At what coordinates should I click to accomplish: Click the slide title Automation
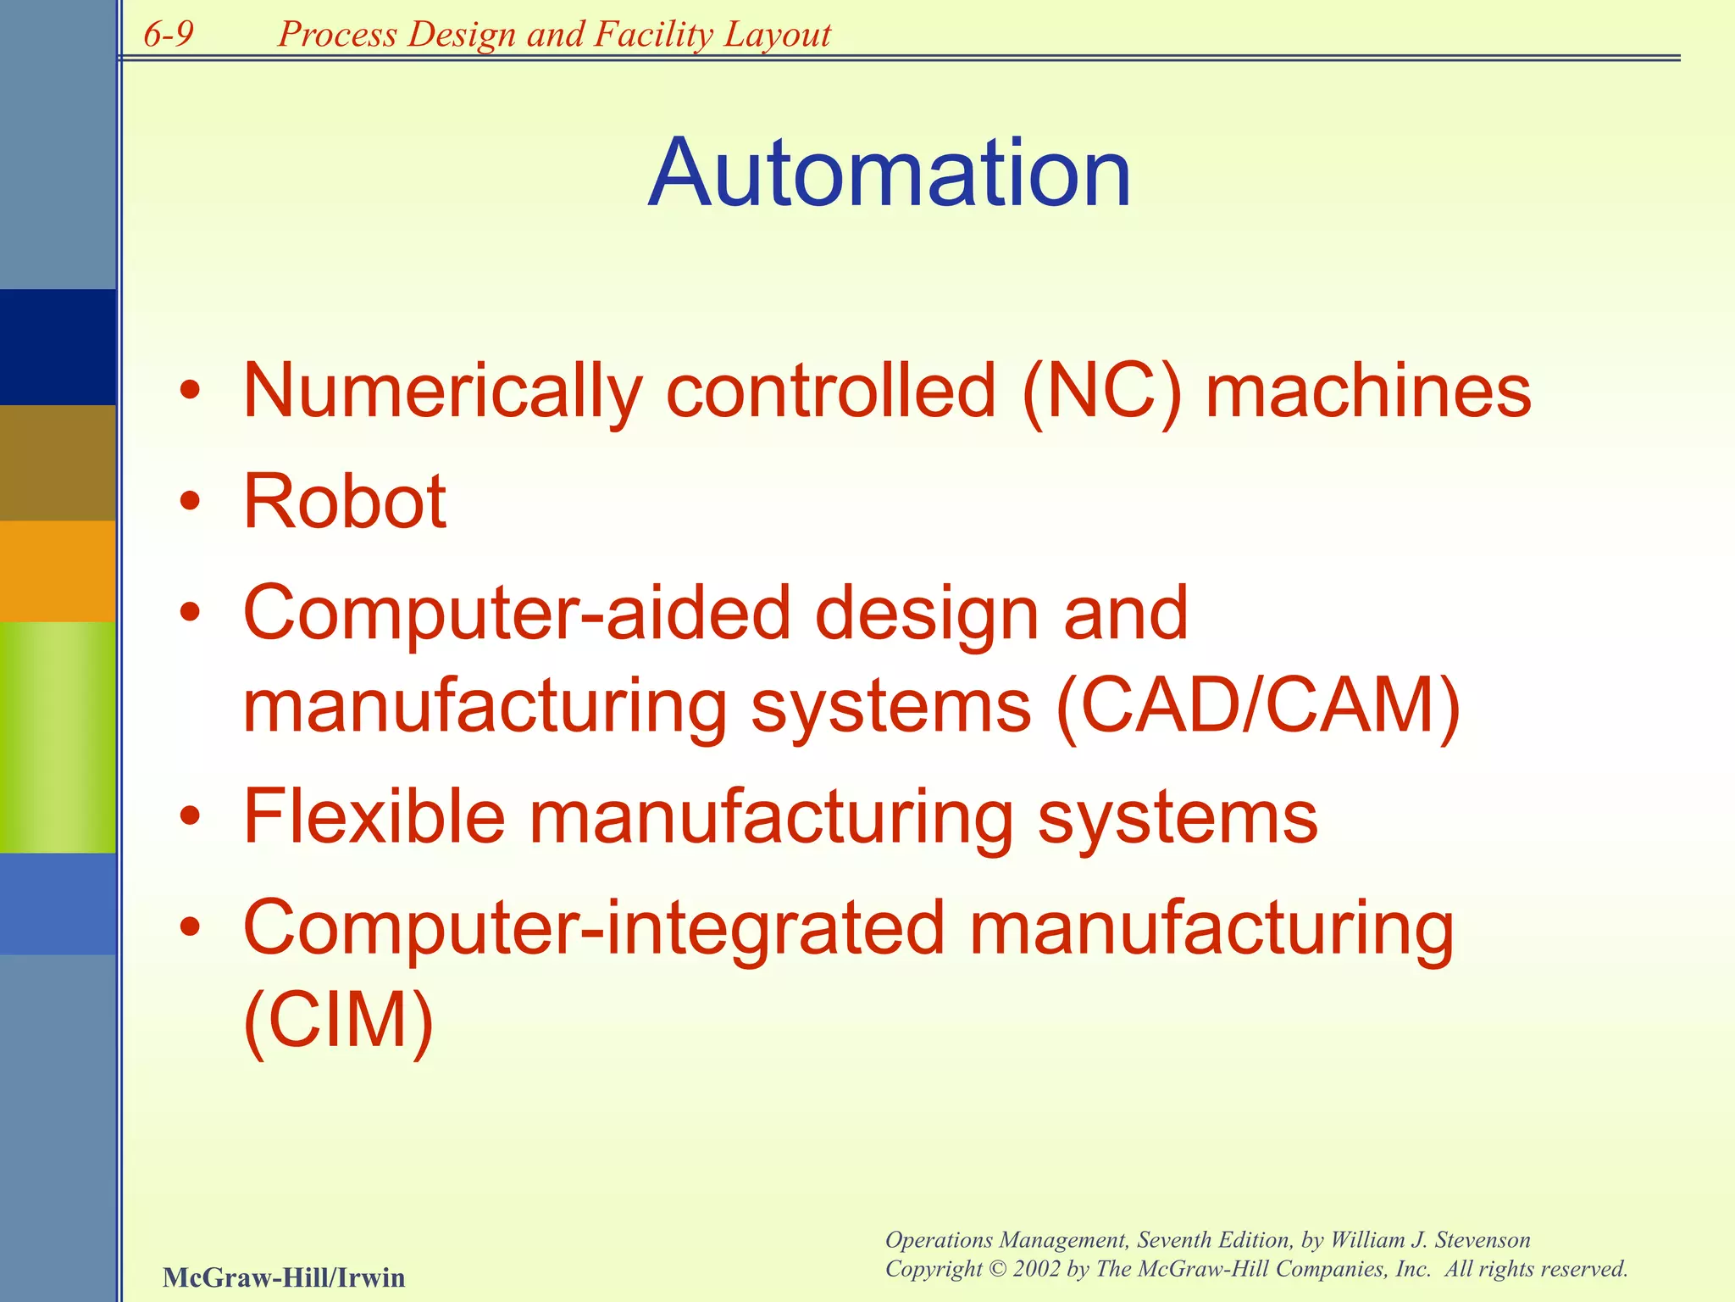point(890,174)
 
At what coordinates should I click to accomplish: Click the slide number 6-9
point(169,35)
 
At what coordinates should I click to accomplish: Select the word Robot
point(345,502)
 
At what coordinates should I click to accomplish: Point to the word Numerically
point(443,392)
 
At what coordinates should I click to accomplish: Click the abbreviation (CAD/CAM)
point(1259,706)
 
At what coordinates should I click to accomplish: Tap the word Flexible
point(374,816)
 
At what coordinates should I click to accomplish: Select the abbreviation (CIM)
point(338,1019)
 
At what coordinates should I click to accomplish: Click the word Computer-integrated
point(594,927)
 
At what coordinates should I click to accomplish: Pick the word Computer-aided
point(517,613)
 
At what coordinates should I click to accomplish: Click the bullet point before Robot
point(191,502)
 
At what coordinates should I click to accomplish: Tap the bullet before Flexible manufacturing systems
point(191,816)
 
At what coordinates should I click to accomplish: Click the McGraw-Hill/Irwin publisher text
point(284,1277)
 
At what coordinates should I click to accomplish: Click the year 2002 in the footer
point(1037,1269)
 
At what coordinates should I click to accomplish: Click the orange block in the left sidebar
point(58,570)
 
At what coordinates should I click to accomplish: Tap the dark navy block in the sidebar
point(58,347)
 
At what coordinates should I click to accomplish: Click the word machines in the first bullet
point(1368,392)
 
